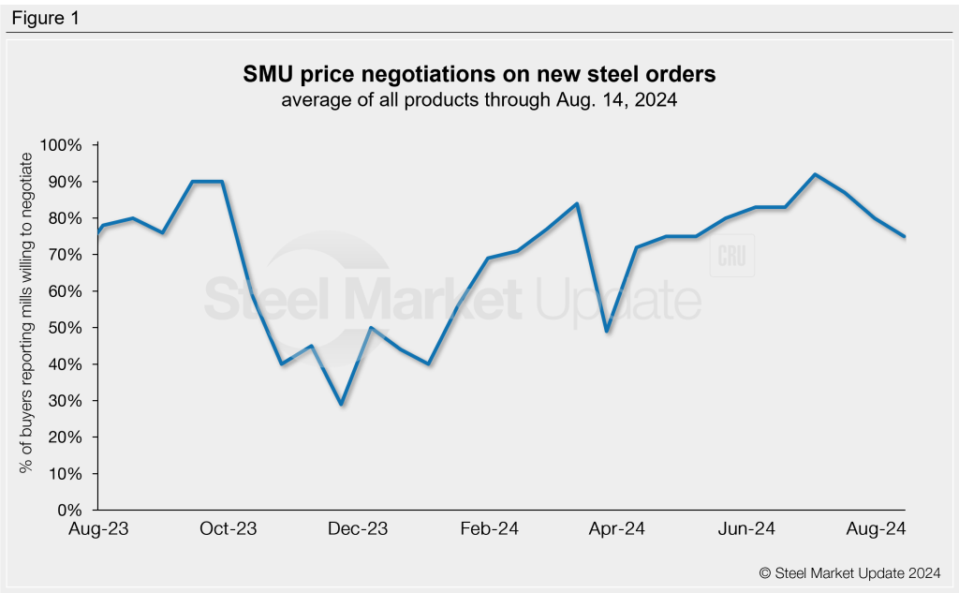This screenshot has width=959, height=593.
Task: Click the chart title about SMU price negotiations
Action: tap(479, 74)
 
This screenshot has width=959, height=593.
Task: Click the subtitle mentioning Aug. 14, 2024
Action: tap(479, 99)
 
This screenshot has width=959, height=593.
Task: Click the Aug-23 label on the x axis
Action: tap(99, 529)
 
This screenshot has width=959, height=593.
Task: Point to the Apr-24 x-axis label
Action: tap(617, 529)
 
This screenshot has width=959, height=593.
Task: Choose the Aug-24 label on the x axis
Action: tap(876, 529)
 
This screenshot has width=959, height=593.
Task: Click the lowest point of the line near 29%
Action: tap(341, 404)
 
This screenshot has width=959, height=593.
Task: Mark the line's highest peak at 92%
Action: tap(815, 174)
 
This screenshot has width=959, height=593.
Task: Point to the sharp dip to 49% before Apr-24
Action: tap(607, 331)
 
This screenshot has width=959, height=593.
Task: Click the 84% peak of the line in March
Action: tap(577, 203)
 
